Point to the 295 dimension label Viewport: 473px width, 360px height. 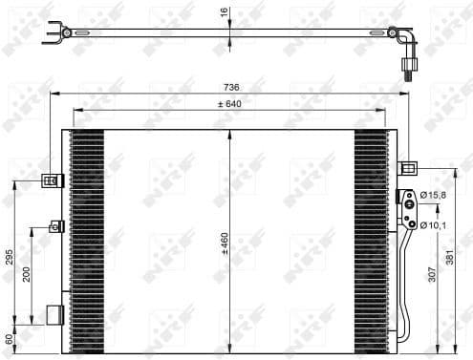point(10,257)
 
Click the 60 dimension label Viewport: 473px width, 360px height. point(10,339)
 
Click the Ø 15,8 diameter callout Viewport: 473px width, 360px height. point(437,196)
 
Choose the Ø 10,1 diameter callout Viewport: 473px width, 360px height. point(437,224)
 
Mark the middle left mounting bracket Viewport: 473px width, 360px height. point(56,226)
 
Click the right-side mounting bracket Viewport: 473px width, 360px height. point(407,169)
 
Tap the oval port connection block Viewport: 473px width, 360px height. point(409,211)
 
